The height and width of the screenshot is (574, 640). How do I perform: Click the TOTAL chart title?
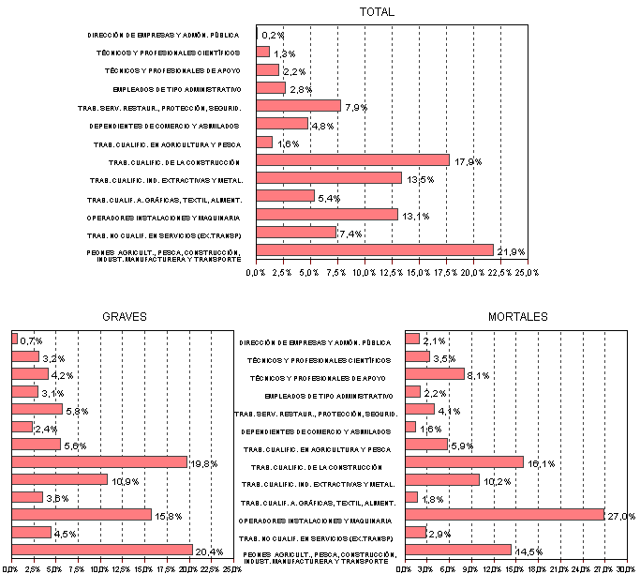378,12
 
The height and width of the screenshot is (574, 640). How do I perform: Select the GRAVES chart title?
125,317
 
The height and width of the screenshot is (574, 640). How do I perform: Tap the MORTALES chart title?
518,317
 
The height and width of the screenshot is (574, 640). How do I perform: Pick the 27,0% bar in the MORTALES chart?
504,514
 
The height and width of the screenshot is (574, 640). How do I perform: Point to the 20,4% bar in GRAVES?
101,550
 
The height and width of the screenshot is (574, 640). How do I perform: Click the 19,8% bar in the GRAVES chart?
98,461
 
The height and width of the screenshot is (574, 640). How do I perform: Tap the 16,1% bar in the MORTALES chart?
464,461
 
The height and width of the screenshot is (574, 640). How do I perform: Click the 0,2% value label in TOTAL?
273,36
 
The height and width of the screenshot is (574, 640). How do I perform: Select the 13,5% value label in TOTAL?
418,178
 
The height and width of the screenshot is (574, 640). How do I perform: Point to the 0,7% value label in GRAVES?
32,340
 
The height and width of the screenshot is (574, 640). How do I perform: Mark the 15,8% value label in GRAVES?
168,515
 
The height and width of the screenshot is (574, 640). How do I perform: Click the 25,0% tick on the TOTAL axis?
526,272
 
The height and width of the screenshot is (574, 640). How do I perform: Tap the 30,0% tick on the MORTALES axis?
625,569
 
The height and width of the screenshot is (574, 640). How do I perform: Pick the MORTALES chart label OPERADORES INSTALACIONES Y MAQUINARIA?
315,520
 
